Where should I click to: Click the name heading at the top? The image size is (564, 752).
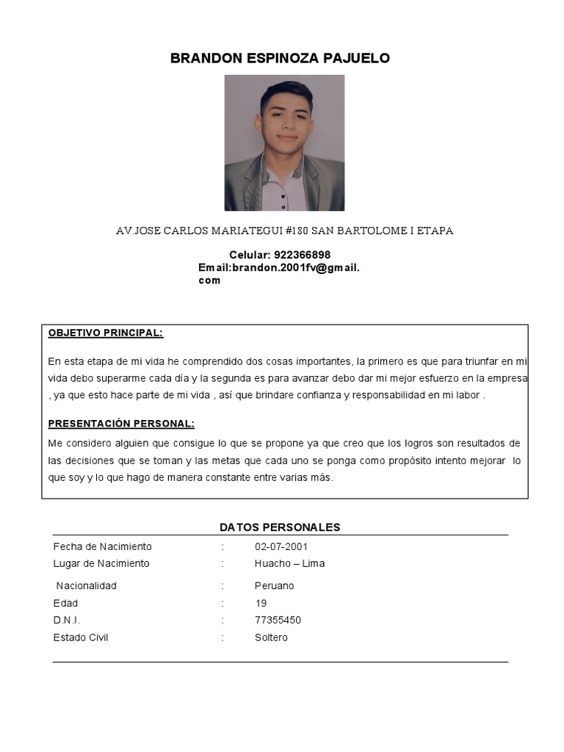click(280, 59)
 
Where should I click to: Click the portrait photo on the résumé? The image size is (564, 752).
click(284, 142)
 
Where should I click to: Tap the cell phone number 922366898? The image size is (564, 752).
click(302, 255)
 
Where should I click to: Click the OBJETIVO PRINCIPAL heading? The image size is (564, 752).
click(106, 333)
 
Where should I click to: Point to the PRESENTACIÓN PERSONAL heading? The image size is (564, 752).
click(121, 424)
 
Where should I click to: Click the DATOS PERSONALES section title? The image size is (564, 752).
click(280, 527)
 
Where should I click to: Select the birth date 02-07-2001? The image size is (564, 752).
click(281, 547)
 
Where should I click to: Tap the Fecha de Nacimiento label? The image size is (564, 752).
click(102, 547)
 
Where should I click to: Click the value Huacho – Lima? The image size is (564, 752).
click(289, 564)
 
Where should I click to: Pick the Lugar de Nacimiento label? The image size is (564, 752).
click(101, 564)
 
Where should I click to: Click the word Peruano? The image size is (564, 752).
click(274, 586)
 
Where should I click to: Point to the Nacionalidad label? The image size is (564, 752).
click(87, 586)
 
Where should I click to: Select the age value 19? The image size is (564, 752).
click(261, 603)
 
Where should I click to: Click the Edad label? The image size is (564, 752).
click(65, 603)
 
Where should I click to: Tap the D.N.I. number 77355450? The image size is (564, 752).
click(278, 621)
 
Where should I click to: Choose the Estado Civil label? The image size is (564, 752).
click(81, 637)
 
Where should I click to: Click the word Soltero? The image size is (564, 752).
click(271, 637)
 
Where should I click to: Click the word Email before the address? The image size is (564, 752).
click(213, 268)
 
